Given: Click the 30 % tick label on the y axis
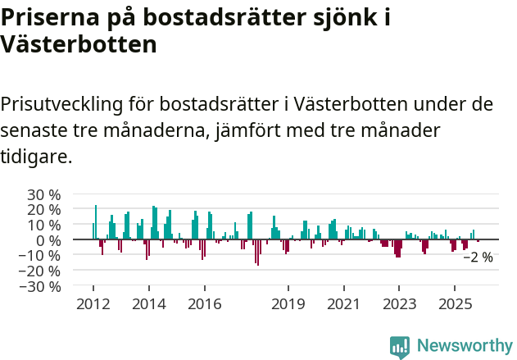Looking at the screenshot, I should pos(43,194).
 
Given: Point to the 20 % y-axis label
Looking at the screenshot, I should pos(43,210).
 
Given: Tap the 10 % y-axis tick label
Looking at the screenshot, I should pos(43,225).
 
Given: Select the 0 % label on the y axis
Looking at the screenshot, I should pos(48,240).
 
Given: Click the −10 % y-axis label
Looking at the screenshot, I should pos(39,255).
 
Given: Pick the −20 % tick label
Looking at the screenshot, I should pos(39,271).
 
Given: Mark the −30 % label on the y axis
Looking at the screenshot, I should pos(39,286).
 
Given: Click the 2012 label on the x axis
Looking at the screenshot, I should pos(93,304).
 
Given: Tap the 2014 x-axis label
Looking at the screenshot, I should pos(148,304).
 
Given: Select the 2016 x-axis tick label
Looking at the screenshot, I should pos(204,304).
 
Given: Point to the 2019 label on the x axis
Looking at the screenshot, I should pos(288,304).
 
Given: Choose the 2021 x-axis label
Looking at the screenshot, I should pos(343,304).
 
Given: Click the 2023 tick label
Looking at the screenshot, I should pos(399,304).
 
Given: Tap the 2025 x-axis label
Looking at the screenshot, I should pos(455,304).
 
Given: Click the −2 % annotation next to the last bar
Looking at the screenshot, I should pos(478,257).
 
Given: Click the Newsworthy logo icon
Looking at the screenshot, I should pos(400,346).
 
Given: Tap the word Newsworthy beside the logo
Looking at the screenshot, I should pos(464,346).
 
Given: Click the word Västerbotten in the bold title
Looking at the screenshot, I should pos(79,44).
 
